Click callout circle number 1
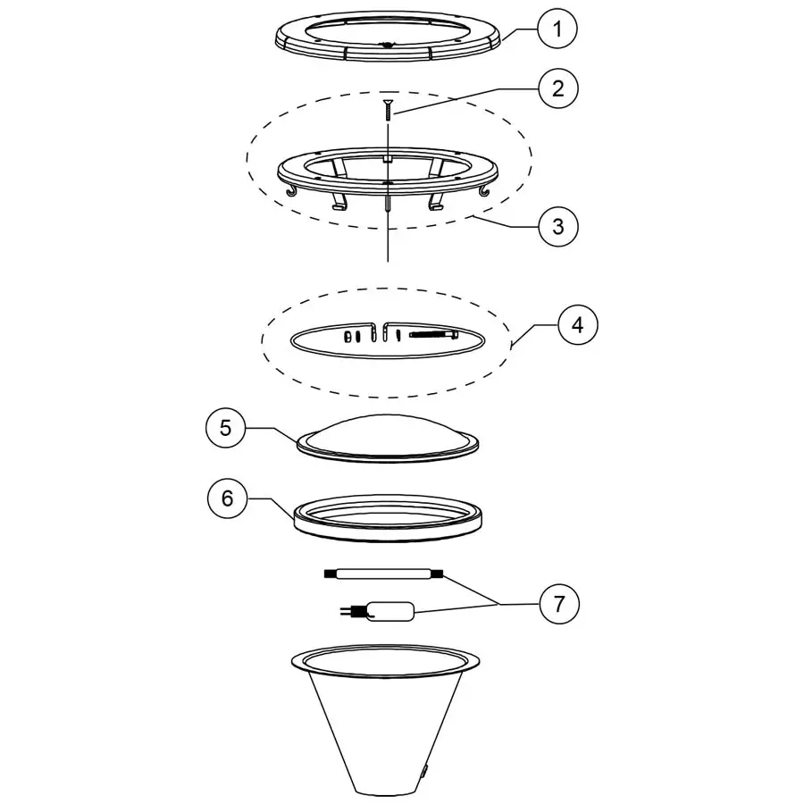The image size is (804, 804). click(557, 29)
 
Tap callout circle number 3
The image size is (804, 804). click(557, 226)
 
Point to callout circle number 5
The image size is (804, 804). click(226, 428)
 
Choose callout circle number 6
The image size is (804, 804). click(227, 498)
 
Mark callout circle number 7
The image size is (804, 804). click(558, 604)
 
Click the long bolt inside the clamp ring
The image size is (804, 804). click(433, 335)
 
